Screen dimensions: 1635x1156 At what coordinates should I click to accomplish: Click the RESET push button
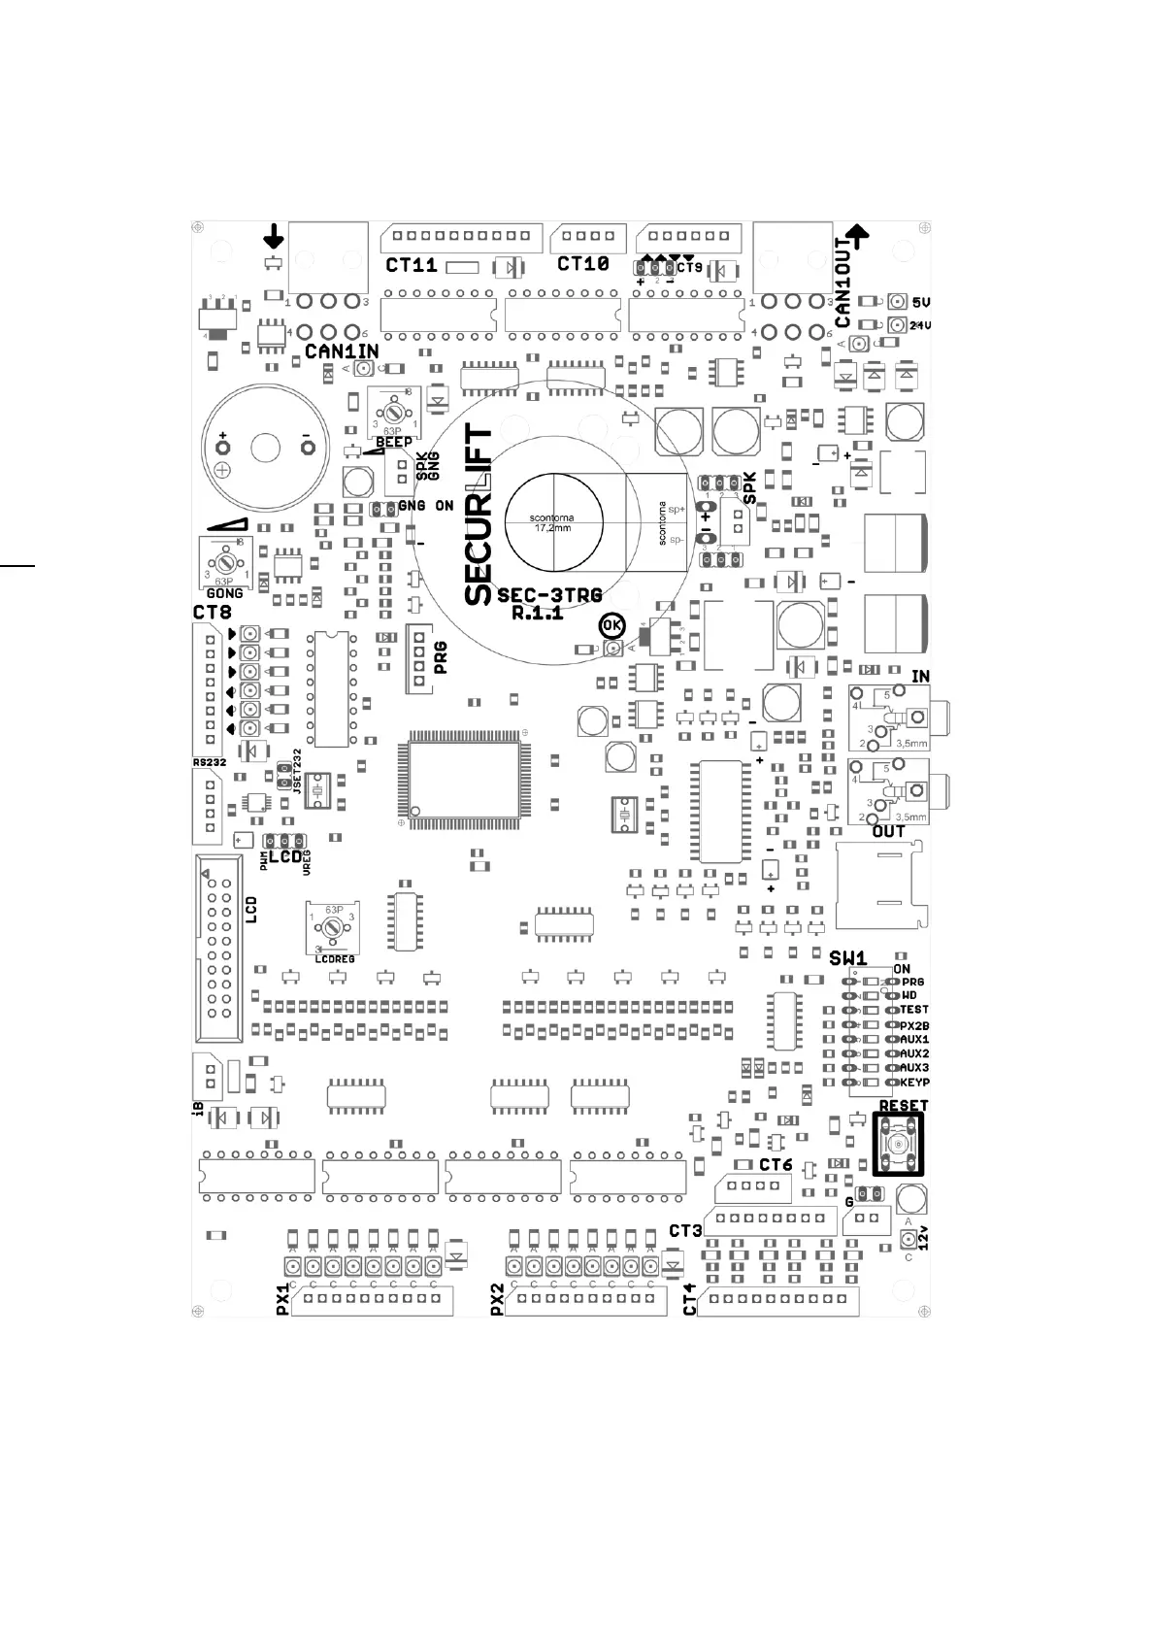click(898, 1147)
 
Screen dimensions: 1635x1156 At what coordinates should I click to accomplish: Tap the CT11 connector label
click(412, 264)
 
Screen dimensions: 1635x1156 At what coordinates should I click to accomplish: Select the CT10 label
click(582, 263)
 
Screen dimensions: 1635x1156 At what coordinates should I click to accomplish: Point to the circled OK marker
click(612, 626)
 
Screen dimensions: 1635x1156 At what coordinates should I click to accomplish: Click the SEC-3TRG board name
click(549, 595)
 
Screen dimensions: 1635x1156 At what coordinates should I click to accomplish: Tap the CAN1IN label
click(341, 351)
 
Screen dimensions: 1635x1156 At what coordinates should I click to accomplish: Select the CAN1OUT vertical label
click(842, 283)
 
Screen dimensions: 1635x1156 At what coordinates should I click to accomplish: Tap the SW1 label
click(847, 958)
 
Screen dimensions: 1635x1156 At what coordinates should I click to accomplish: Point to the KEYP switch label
click(915, 1083)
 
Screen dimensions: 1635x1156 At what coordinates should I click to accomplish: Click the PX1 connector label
click(282, 1300)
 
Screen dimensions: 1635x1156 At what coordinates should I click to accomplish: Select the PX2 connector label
click(497, 1300)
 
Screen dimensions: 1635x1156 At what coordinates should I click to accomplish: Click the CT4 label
click(690, 1300)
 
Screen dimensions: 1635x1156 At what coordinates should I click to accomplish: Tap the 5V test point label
click(921, 303)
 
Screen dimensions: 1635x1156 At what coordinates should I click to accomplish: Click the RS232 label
click(209, 763)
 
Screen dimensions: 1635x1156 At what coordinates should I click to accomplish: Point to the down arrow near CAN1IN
click(275, 235)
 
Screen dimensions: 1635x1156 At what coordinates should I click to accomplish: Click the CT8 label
click(212, 613)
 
